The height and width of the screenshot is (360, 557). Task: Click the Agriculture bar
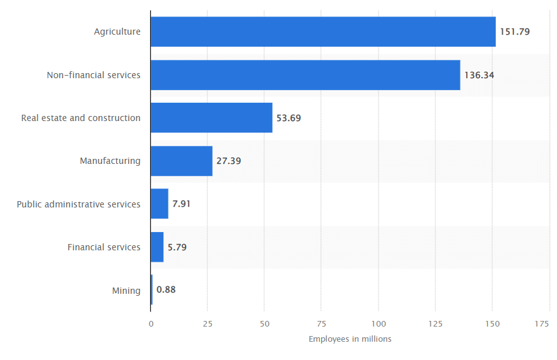[323, 32]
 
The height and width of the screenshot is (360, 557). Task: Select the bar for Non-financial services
[305, 75]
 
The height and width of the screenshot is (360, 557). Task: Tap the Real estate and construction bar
[211, 118]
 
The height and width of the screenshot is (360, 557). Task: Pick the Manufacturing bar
[182, 161]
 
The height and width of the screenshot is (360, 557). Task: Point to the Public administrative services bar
[160, 204]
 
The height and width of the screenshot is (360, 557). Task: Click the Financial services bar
[157, 247]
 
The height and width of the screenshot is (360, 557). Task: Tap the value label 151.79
[515, 32]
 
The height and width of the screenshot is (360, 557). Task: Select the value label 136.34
[479, 75]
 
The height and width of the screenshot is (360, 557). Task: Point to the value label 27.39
[228, 161]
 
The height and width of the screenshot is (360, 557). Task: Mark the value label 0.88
[166, 290]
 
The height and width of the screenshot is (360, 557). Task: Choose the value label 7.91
[182, 204]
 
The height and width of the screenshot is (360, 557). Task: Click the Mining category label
[126, 291]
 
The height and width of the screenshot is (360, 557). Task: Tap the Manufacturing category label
[110, 161]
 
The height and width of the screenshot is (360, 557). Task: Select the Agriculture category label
[117, 32]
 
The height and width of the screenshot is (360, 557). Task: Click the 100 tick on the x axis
[378, 323]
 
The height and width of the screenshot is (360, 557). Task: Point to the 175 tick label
[542, 323]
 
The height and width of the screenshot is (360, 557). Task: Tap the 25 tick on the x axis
[208, 323]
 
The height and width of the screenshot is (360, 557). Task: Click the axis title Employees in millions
[350, 339]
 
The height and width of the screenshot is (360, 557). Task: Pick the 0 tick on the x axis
[151, 323]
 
